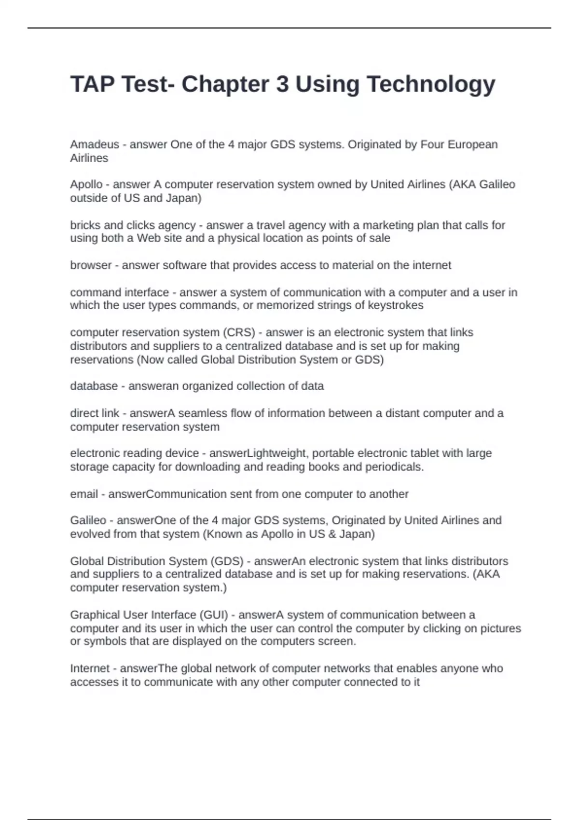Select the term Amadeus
coord(95,144)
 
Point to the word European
coord(473,144)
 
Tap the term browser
coord(91,265)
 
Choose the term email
coord(84,494)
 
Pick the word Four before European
coord(432,144)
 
